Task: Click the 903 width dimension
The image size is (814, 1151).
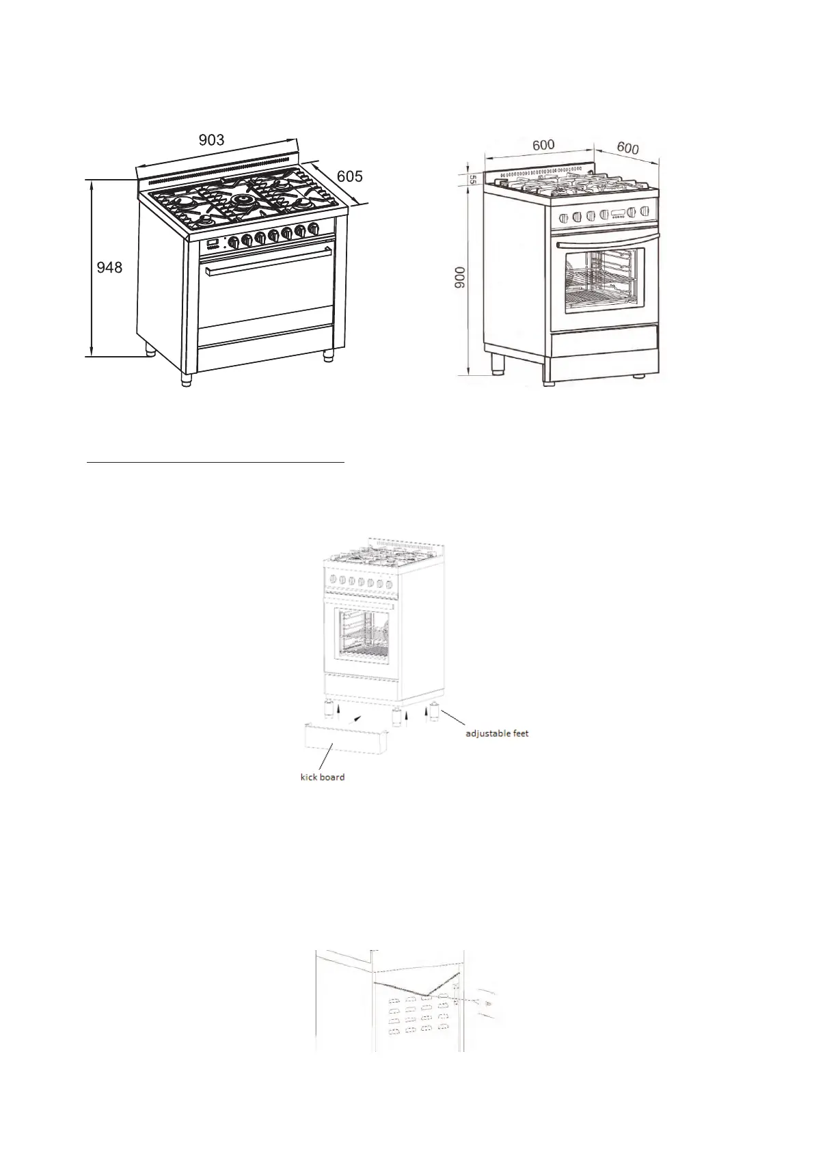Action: (x=211, y=140)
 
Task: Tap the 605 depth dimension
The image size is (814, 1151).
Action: (x=349, y=176)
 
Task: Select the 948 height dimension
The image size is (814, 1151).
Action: (x=109, y=268)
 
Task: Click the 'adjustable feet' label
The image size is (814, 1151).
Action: (x=497, y=733)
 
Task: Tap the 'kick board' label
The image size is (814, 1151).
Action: (x=323, y=777)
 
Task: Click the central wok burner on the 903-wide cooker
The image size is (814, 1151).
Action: (x=243, y=200)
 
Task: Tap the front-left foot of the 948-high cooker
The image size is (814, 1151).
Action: (x=186, y=380)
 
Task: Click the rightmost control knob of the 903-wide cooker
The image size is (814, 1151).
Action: (x=313, y=229)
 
